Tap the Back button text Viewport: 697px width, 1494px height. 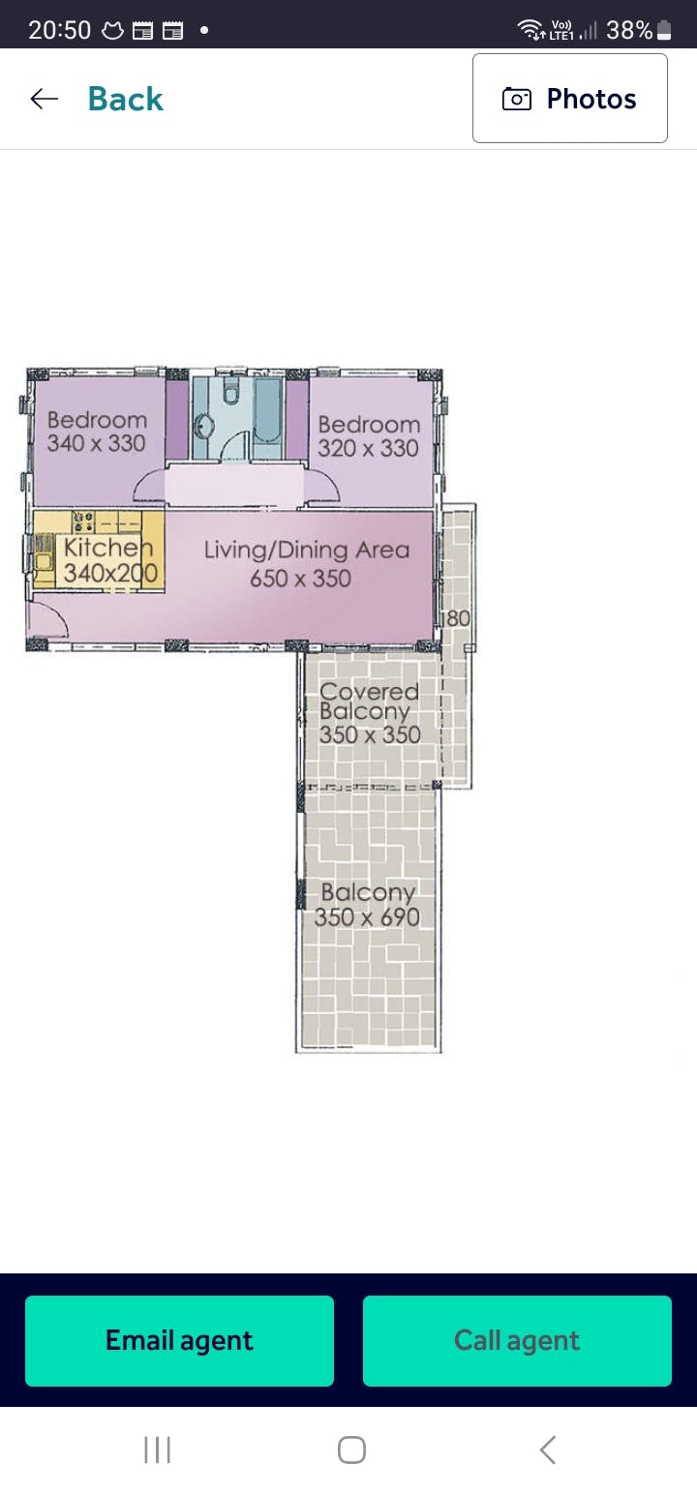tap(126, 100)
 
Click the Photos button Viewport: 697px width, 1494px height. tap(570, 98)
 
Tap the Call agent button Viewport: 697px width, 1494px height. tap(517, 1340)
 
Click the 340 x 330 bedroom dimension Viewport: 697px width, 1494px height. tap(96, 443)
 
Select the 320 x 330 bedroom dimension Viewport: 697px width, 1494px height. tap(368, 448)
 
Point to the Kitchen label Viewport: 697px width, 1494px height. tap(108, 548)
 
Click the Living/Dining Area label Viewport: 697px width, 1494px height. tap(307, 551)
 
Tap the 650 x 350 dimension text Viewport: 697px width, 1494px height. tap(301, 579)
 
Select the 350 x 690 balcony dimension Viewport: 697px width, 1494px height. tap(367, 917)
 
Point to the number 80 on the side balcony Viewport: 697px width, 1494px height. tap(458, 618)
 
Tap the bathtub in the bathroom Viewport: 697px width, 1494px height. tap(268, 411)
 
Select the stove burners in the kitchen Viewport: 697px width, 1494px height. tap(83, 522)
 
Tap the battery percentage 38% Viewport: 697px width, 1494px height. tap(629, 30)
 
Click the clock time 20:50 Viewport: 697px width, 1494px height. tap(59, 30)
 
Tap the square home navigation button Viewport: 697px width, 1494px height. tap(351, 1449)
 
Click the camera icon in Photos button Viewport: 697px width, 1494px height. tap(517, 99)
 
